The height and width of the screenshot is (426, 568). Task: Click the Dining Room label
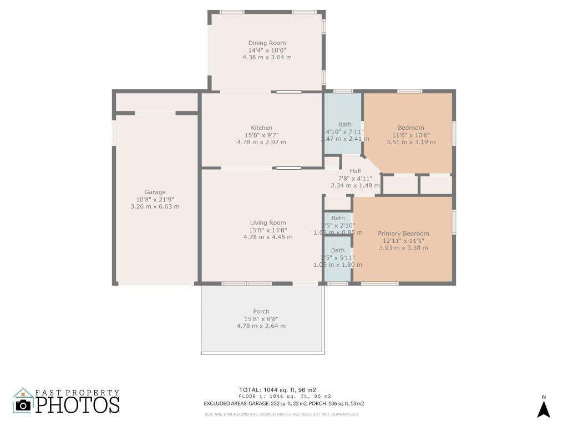267,43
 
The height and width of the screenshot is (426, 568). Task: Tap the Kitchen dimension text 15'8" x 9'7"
261,135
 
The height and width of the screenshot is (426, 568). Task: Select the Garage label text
155,192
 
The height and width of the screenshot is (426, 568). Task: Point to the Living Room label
268,223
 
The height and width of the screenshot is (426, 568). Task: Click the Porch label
261,312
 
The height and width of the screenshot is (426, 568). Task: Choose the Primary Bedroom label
403,234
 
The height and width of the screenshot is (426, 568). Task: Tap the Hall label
355,171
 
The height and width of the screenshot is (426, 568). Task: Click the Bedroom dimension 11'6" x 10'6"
411,135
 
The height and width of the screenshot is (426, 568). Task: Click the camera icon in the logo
23,404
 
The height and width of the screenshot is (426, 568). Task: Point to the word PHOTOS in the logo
78,405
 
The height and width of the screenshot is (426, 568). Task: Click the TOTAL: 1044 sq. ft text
277,390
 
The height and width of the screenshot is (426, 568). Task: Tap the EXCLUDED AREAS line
283,404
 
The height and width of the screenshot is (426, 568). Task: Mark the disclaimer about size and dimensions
281,414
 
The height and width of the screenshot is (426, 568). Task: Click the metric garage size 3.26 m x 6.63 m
155,206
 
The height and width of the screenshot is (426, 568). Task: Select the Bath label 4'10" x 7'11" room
344,124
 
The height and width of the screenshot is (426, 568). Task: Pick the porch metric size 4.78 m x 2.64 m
261,326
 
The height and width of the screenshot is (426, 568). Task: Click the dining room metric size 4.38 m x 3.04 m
267,57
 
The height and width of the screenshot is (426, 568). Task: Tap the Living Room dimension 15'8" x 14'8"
268,230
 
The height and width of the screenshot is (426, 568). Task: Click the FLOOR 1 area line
285,397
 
